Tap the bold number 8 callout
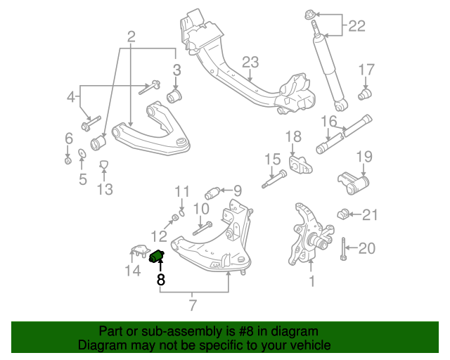[x=160, y=279]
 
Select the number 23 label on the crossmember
[x=251, y=62]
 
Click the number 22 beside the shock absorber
[x=356, y=27]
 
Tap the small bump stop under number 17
[x=366, y=93]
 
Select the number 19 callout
[x=363, y=155]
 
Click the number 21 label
[x=370, y=214]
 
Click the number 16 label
[x=329, y=120]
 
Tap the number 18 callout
[x=293, y=136]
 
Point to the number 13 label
[x=104, y=189]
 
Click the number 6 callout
[x=68, y=137]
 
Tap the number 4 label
[x=70, y=97]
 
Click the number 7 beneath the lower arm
[x=193, y=304]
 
